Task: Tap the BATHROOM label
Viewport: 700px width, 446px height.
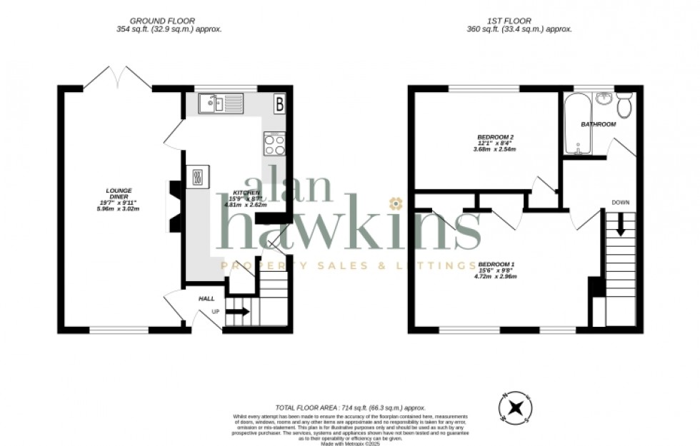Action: click(598, 124)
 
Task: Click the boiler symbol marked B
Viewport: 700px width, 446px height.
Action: click(279, 104)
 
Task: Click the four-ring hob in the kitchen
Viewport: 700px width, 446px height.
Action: click(274, 144)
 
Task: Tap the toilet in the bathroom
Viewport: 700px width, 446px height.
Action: click(624, 106)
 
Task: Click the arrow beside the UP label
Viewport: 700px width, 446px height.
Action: click(239, 311)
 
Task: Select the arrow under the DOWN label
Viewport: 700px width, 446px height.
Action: click(620, 225)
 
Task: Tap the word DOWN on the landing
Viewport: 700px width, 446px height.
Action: click(620, 203)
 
